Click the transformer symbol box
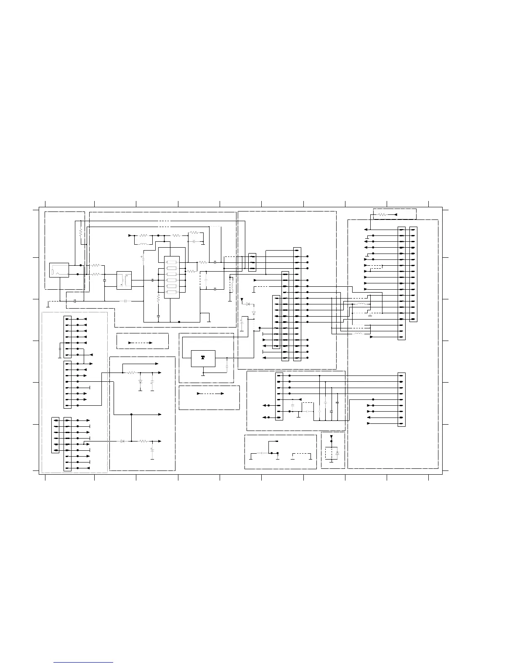click(x=124, y=280)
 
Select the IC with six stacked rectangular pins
click(x=172, y=277)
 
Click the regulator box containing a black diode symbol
click(x=203, y=358)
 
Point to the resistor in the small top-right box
click(x=382, y=214)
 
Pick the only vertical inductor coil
click(x=231, y=285)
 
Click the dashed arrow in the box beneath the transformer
click(x=140, y=343)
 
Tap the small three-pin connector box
click(x=252, y=262)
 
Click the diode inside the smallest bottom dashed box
click(x=337, y=453)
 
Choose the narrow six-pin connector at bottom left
click(x=55, y=435)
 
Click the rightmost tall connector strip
click(x=414, y=274)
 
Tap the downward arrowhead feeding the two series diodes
click(x=242, y=300)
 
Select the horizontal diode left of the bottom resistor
click(x=122, y=441)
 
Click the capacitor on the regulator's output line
click(x=227, y=366)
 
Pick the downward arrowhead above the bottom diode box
click(x=331, y=438)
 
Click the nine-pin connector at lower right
click(x=401, y=399)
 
